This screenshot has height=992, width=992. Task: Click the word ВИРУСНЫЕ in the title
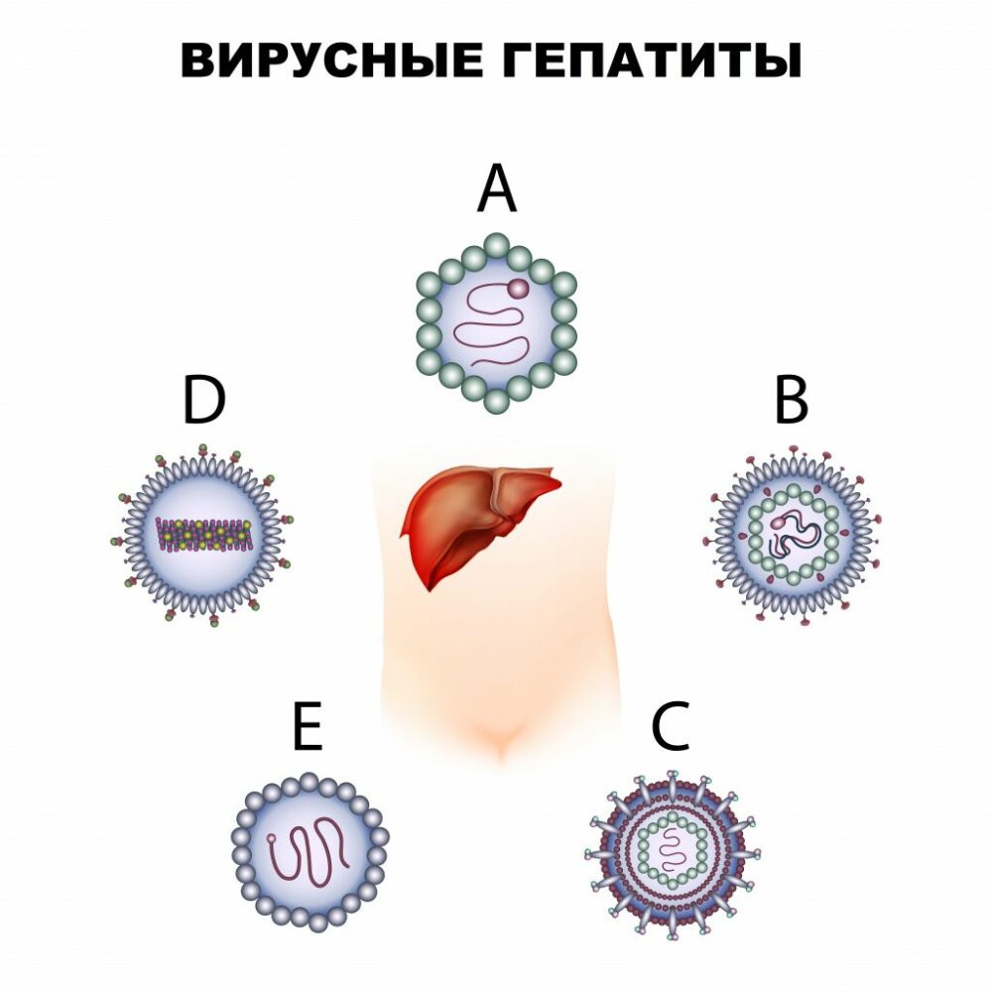(331, 61)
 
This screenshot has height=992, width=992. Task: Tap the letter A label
(497, 188)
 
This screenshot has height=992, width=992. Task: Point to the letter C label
(671, 726)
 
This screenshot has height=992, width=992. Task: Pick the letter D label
(203, 400)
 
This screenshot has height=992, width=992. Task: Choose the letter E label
(309, 726)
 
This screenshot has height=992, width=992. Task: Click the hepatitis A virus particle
(497, 322)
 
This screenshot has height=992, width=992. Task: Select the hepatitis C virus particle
(673, 855)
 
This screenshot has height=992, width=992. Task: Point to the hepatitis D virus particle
(202, 535)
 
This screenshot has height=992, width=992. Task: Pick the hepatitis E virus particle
(310, 851)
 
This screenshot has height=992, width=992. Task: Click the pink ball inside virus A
(519, 289)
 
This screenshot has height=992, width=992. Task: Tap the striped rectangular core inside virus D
(203, 535)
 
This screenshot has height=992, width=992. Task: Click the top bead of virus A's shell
(497, 245)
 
